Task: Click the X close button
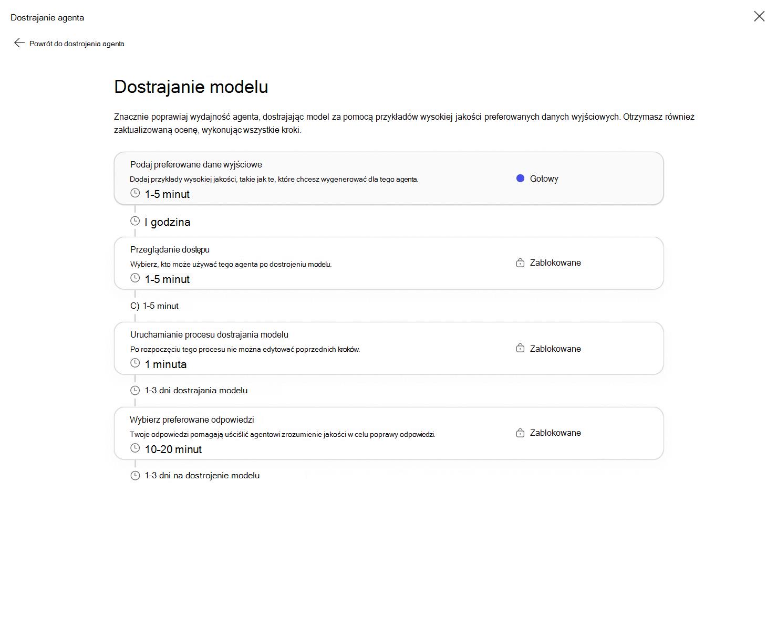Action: click(x=759, y=16)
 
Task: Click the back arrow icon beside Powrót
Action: click(x=19, y=43)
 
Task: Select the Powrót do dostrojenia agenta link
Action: click(x=77, y=44)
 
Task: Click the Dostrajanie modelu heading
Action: click(x=191, y=87)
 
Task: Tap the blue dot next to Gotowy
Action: click(x=520, y=179)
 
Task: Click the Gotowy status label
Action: click(x=544, y=179)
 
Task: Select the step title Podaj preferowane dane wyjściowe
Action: click(x=196, y=164)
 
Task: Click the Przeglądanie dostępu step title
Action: click(x=170, y=249)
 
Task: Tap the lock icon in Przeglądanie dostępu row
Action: click(x=520, y=263)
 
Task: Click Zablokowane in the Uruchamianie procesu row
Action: click(x=555, y=349)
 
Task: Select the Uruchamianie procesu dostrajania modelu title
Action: click(x=209, y=334)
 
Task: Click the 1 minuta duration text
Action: click(x=165, y=364)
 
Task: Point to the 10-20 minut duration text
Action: click(x=173, y=449)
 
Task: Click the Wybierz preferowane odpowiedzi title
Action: click(x=192, y=420)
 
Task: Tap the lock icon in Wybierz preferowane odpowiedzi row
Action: click(x=520, y=433)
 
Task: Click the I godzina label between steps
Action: click(x=167, y=222)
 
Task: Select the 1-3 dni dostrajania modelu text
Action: click(x=196, y=390)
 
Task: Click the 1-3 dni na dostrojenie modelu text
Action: click(x=202, y=475)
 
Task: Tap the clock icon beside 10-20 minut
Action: click(x=135, y=448)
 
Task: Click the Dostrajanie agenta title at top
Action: click(x=47, y=17)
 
